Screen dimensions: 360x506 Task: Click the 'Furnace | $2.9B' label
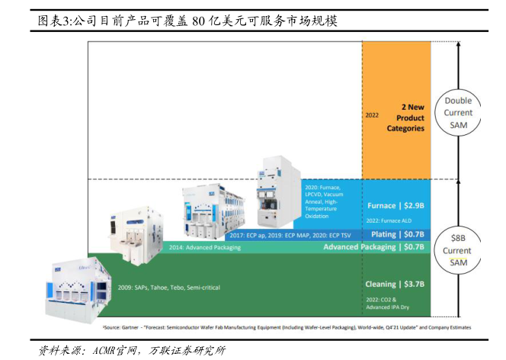[396, 206]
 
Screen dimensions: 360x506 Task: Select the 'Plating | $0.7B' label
[396, 234]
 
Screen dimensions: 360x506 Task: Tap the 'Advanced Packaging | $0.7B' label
[373, 247]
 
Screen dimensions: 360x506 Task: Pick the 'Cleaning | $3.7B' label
[396, 284]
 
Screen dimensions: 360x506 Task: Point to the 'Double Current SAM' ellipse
[459, 113]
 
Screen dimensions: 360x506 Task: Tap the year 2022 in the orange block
[372, 116]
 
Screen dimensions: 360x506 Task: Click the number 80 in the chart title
[199, 21]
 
